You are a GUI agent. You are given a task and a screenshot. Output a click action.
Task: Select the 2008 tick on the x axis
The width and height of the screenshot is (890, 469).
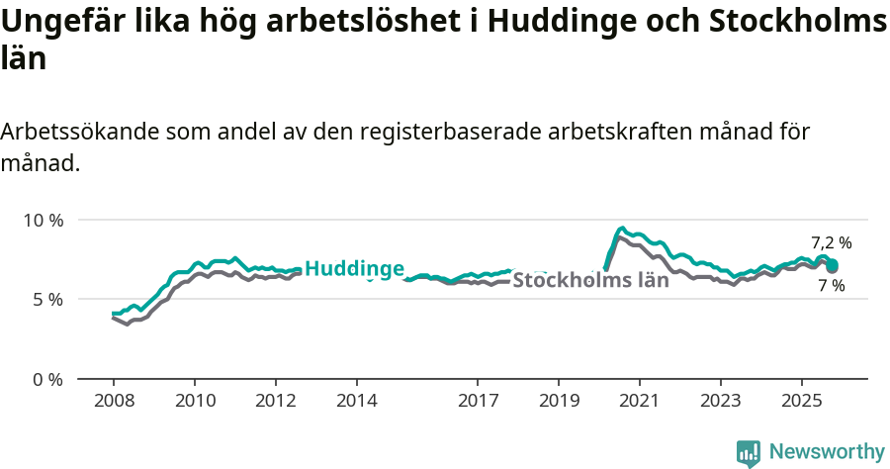[114, 401]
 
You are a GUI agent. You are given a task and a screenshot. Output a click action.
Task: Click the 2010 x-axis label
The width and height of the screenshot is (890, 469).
[195, 401]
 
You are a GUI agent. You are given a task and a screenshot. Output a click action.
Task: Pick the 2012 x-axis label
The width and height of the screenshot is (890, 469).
[276, 401]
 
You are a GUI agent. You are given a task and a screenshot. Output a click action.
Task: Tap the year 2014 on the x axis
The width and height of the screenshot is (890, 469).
[357, 401]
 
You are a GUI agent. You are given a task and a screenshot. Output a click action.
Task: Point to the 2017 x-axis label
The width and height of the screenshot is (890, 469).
[478, 401]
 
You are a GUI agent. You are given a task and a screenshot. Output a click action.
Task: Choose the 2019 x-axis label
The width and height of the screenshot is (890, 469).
[559, 401]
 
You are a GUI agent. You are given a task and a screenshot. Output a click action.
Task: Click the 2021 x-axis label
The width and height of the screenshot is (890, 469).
[640, 401]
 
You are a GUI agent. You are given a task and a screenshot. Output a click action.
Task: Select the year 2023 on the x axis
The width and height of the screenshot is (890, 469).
[721, 401]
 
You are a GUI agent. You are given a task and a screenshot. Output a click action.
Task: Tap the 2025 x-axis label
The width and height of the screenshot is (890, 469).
[801, 401]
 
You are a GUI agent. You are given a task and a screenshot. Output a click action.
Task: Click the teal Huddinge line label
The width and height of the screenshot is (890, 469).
[354, 268]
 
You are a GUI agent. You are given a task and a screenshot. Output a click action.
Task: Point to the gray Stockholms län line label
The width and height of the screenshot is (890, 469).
[590, 280]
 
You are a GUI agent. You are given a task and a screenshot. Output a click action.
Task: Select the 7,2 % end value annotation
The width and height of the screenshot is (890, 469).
[831, 242]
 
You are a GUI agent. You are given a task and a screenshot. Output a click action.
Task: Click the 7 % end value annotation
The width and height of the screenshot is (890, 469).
[831, 286]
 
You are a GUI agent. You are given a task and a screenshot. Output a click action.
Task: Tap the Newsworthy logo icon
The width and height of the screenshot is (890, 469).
[749, 453]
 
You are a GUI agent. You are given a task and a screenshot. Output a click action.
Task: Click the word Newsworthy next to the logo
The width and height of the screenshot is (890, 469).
[827, 452]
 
